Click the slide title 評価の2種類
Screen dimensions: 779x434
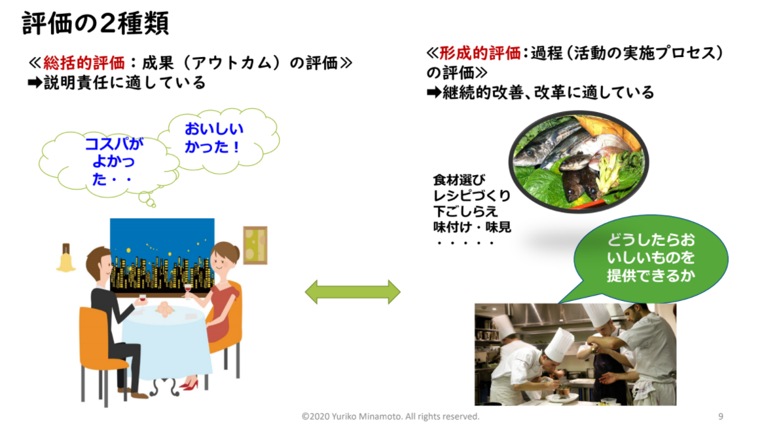pyautogui.click(x=96, y=24)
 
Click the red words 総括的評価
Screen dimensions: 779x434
pyautogui.click(x=84, y=63)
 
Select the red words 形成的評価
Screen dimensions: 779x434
pyautogui.click(x=480, y=52)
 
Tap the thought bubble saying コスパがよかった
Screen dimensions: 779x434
pyautogui.click(x=109, y=165)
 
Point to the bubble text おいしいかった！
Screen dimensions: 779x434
pyautogui.click(x=213, y=138)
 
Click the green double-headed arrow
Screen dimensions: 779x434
pyautogui.click(x=352, y=292)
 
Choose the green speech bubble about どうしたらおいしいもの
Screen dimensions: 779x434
pyautogui.click(x=650, y=258)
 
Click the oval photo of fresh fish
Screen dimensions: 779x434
pyautogui.click(x=578, y=161)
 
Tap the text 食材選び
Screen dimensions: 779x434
pyautogui.click(x=459, y=179)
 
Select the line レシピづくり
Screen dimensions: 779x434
pyautogui.click(x=472, y=195)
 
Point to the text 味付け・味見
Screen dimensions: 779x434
pyautogui.click(x=472, y=227)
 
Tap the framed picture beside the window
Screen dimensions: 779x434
pyautogui.click(x=255, y=245)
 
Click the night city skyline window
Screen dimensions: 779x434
pyautogui.click(x=162, y=255)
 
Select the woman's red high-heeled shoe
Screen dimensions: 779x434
pyautogui.click(x=189, y=384)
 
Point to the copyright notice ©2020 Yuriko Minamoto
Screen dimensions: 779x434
pyautogui.click(x=391, y=416)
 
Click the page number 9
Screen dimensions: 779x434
pyautogui.click(x=720, y=416)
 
